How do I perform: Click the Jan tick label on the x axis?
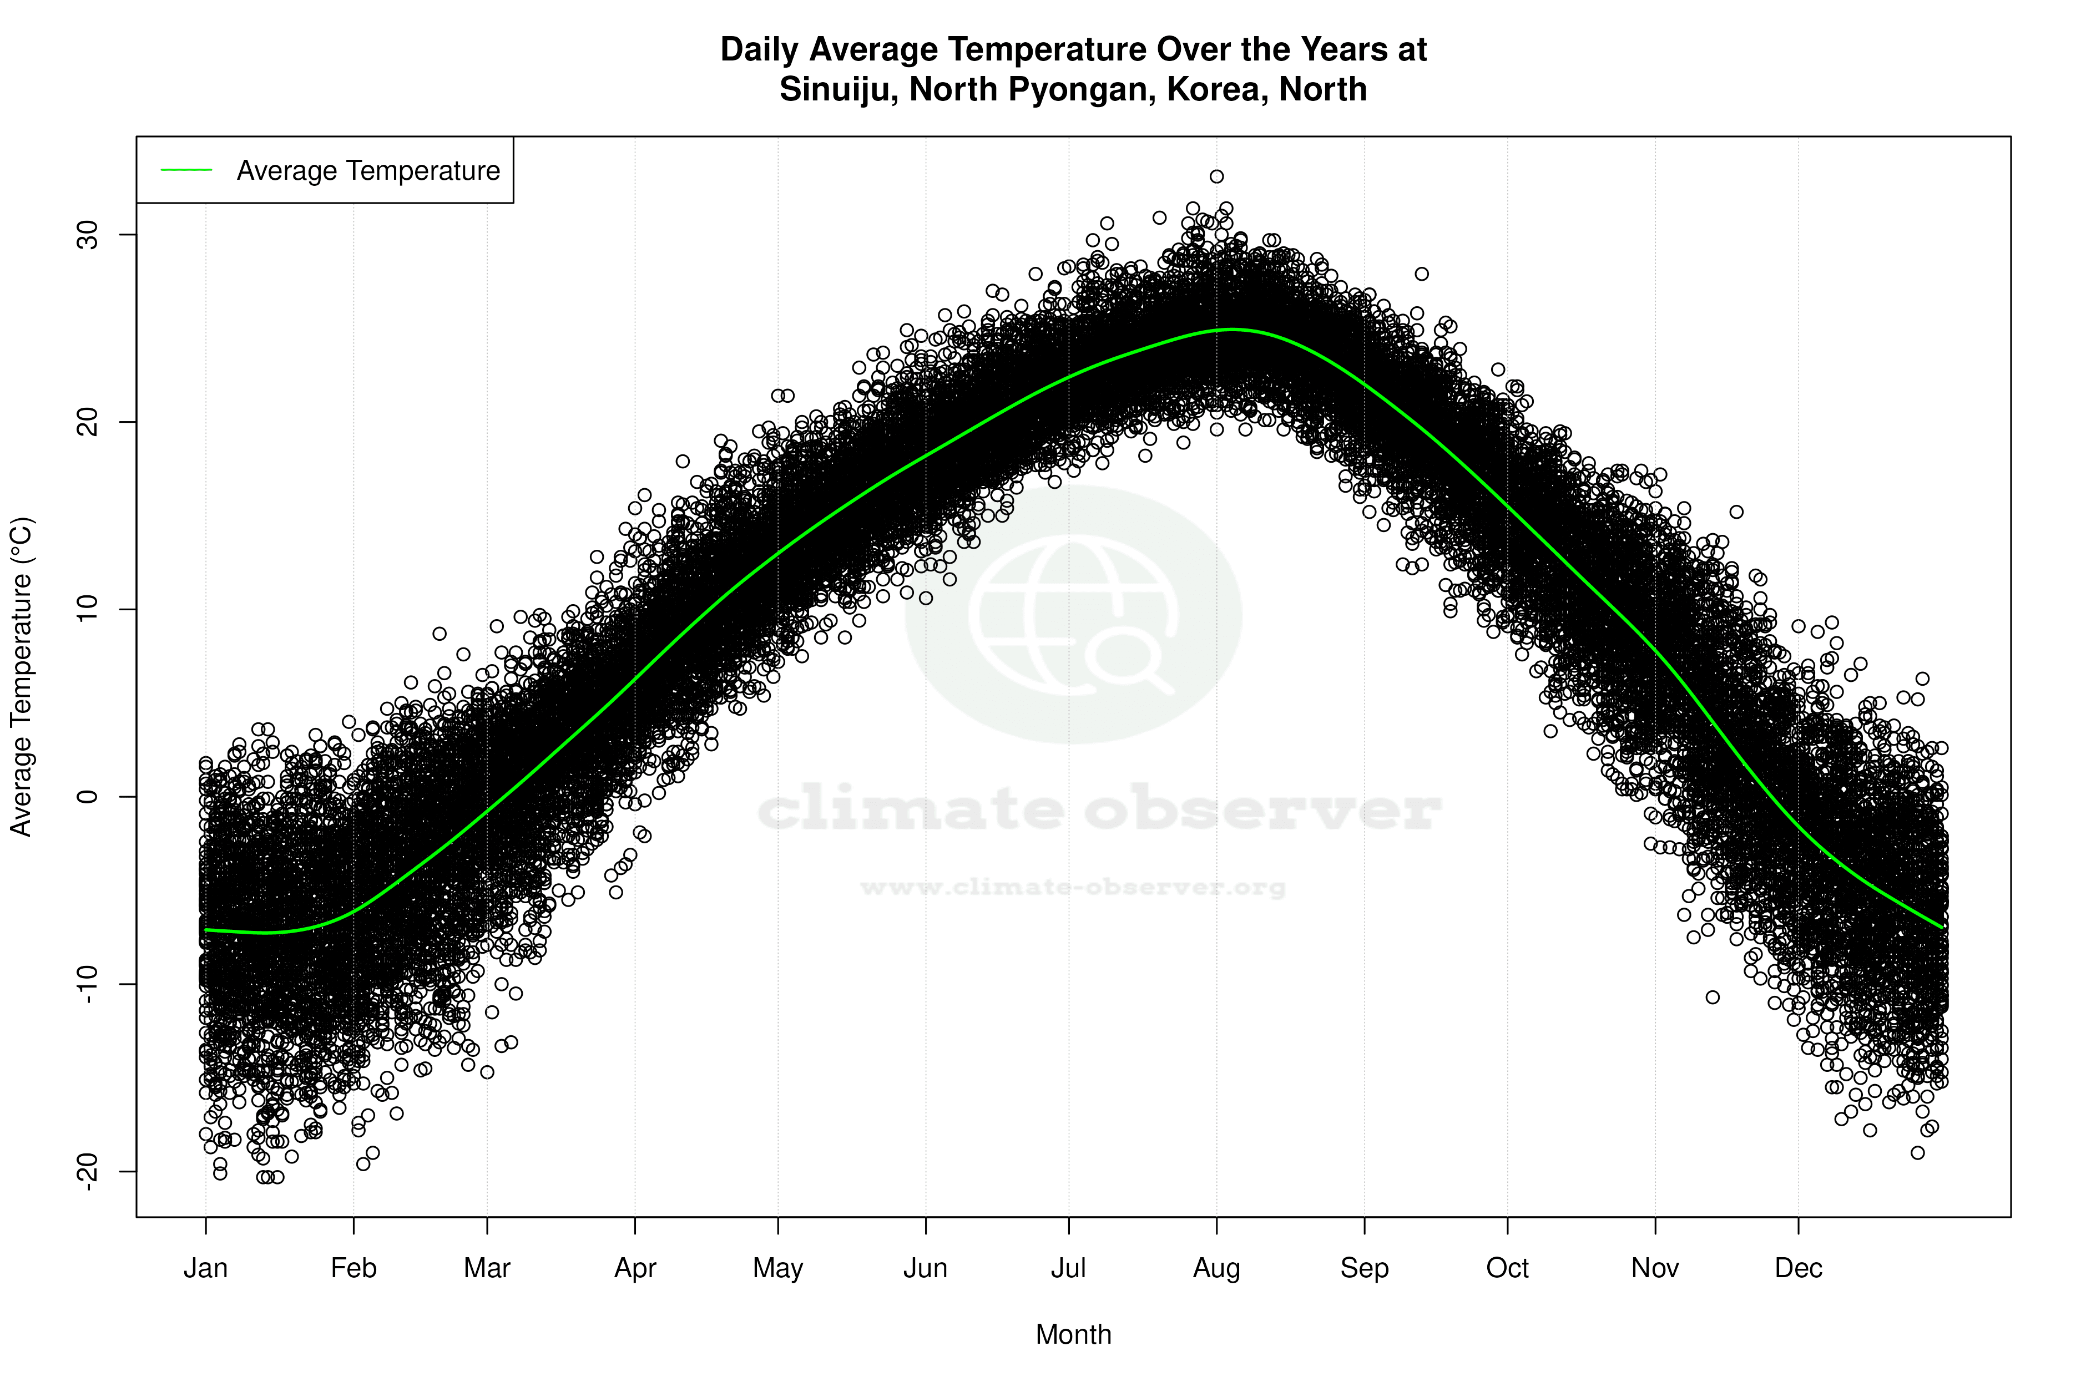coord(205,1268)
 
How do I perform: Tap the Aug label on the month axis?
coord(1216,1268)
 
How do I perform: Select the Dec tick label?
coord(1798,1268)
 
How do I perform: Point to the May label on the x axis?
coord(777,1268)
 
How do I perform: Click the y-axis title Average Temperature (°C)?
coord(21,677)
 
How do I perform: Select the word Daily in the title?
coord(759,49)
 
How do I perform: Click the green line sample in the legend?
coord(186,170)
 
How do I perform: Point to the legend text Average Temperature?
coord(368,170)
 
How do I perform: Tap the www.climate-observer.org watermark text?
coord(1073,887)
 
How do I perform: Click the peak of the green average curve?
coord(1231,329)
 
